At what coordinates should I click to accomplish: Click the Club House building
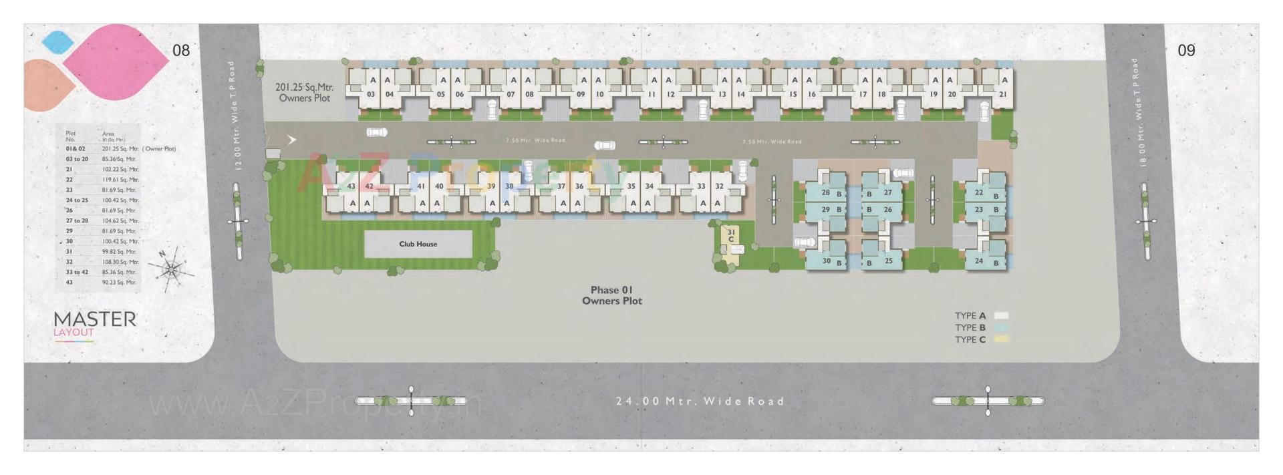pos(418,244)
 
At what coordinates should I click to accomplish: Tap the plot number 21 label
pos(1002,94)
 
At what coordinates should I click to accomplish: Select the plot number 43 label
pos(351,186)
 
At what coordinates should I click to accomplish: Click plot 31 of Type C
pos(731,236)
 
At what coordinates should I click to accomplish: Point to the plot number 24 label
pos(979,261)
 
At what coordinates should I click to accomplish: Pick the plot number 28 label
pos(826,192)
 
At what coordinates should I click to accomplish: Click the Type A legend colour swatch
pos(1001,315)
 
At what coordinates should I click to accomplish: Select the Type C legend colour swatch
pos(1001,339)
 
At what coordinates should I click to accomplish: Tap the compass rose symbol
pos(171,269)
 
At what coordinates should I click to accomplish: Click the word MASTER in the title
pos(95,319)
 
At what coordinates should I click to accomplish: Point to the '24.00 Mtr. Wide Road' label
pos(700,401)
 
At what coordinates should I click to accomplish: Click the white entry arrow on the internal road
pos(291,140)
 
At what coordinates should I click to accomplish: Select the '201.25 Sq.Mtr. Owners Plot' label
pos(304,92)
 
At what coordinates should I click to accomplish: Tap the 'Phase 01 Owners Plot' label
pos(611,295)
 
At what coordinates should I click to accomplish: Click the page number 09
pos(1186,50)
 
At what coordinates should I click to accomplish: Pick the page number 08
pos(181,50)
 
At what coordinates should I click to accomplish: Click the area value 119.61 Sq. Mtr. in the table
pos(120,180)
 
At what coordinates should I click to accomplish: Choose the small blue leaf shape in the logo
pos(57,41)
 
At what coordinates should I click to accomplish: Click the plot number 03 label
pos(371,94)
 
